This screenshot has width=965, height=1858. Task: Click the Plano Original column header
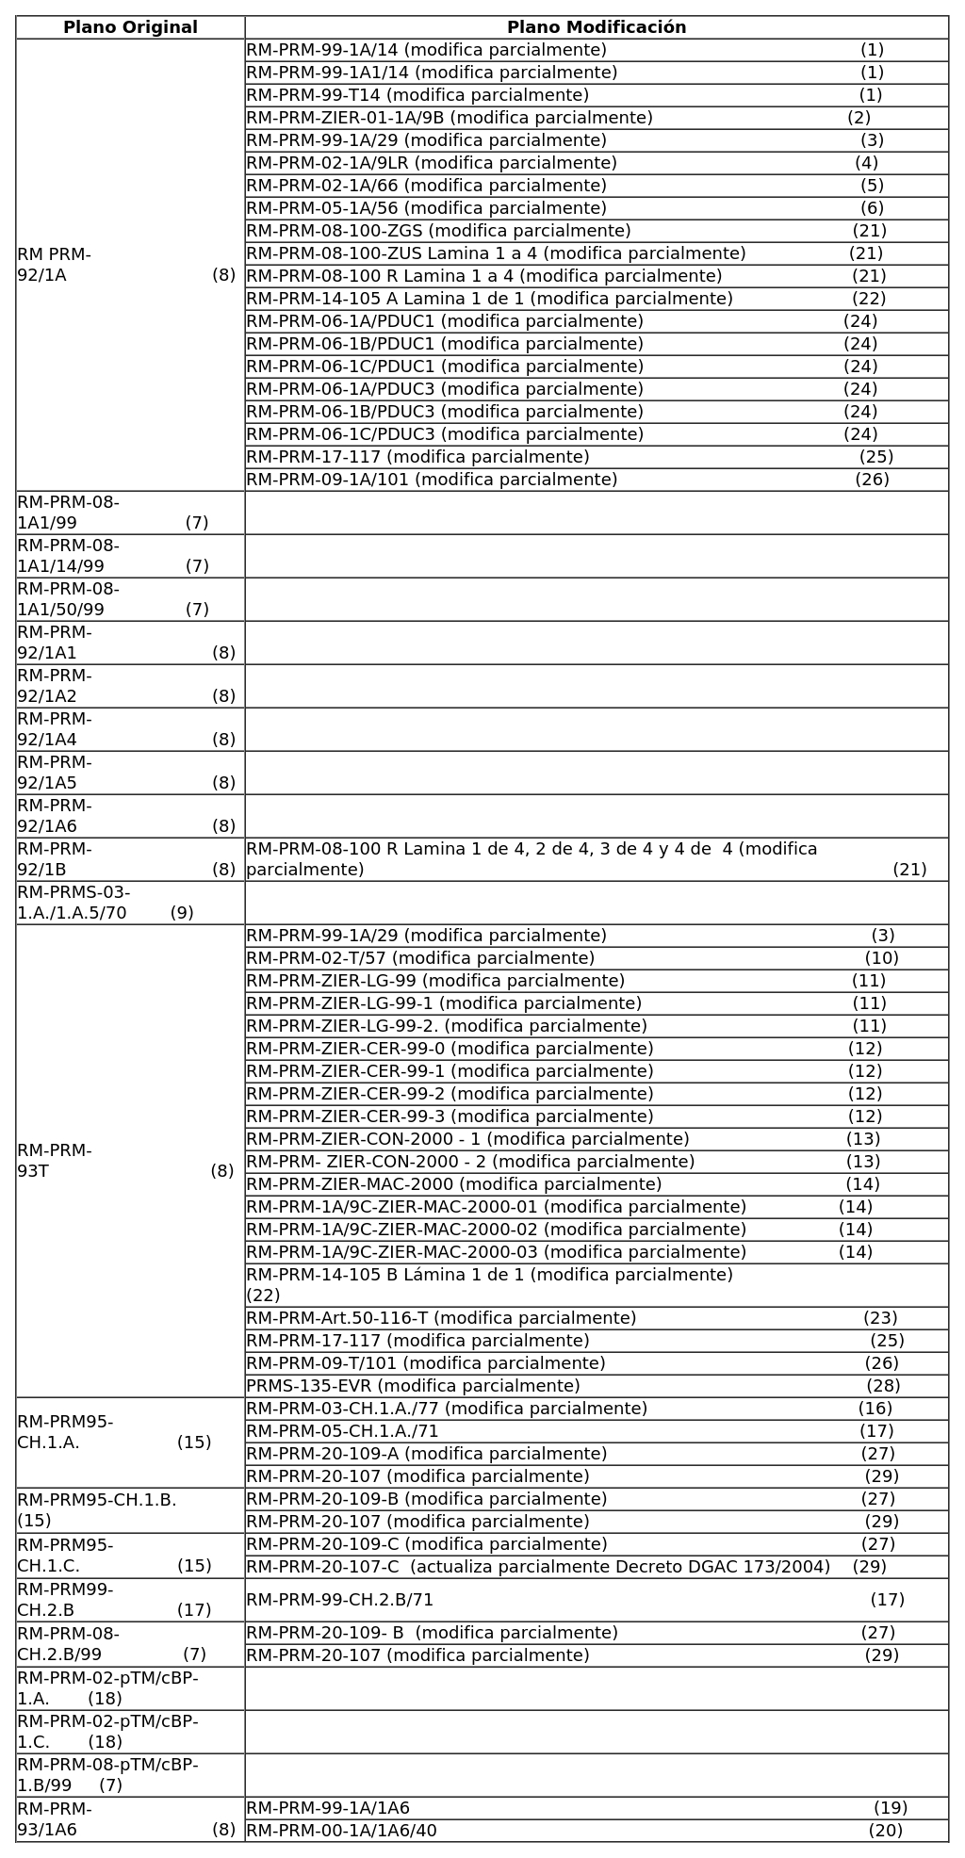(130, 27)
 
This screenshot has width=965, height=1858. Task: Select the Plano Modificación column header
(596, 27)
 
